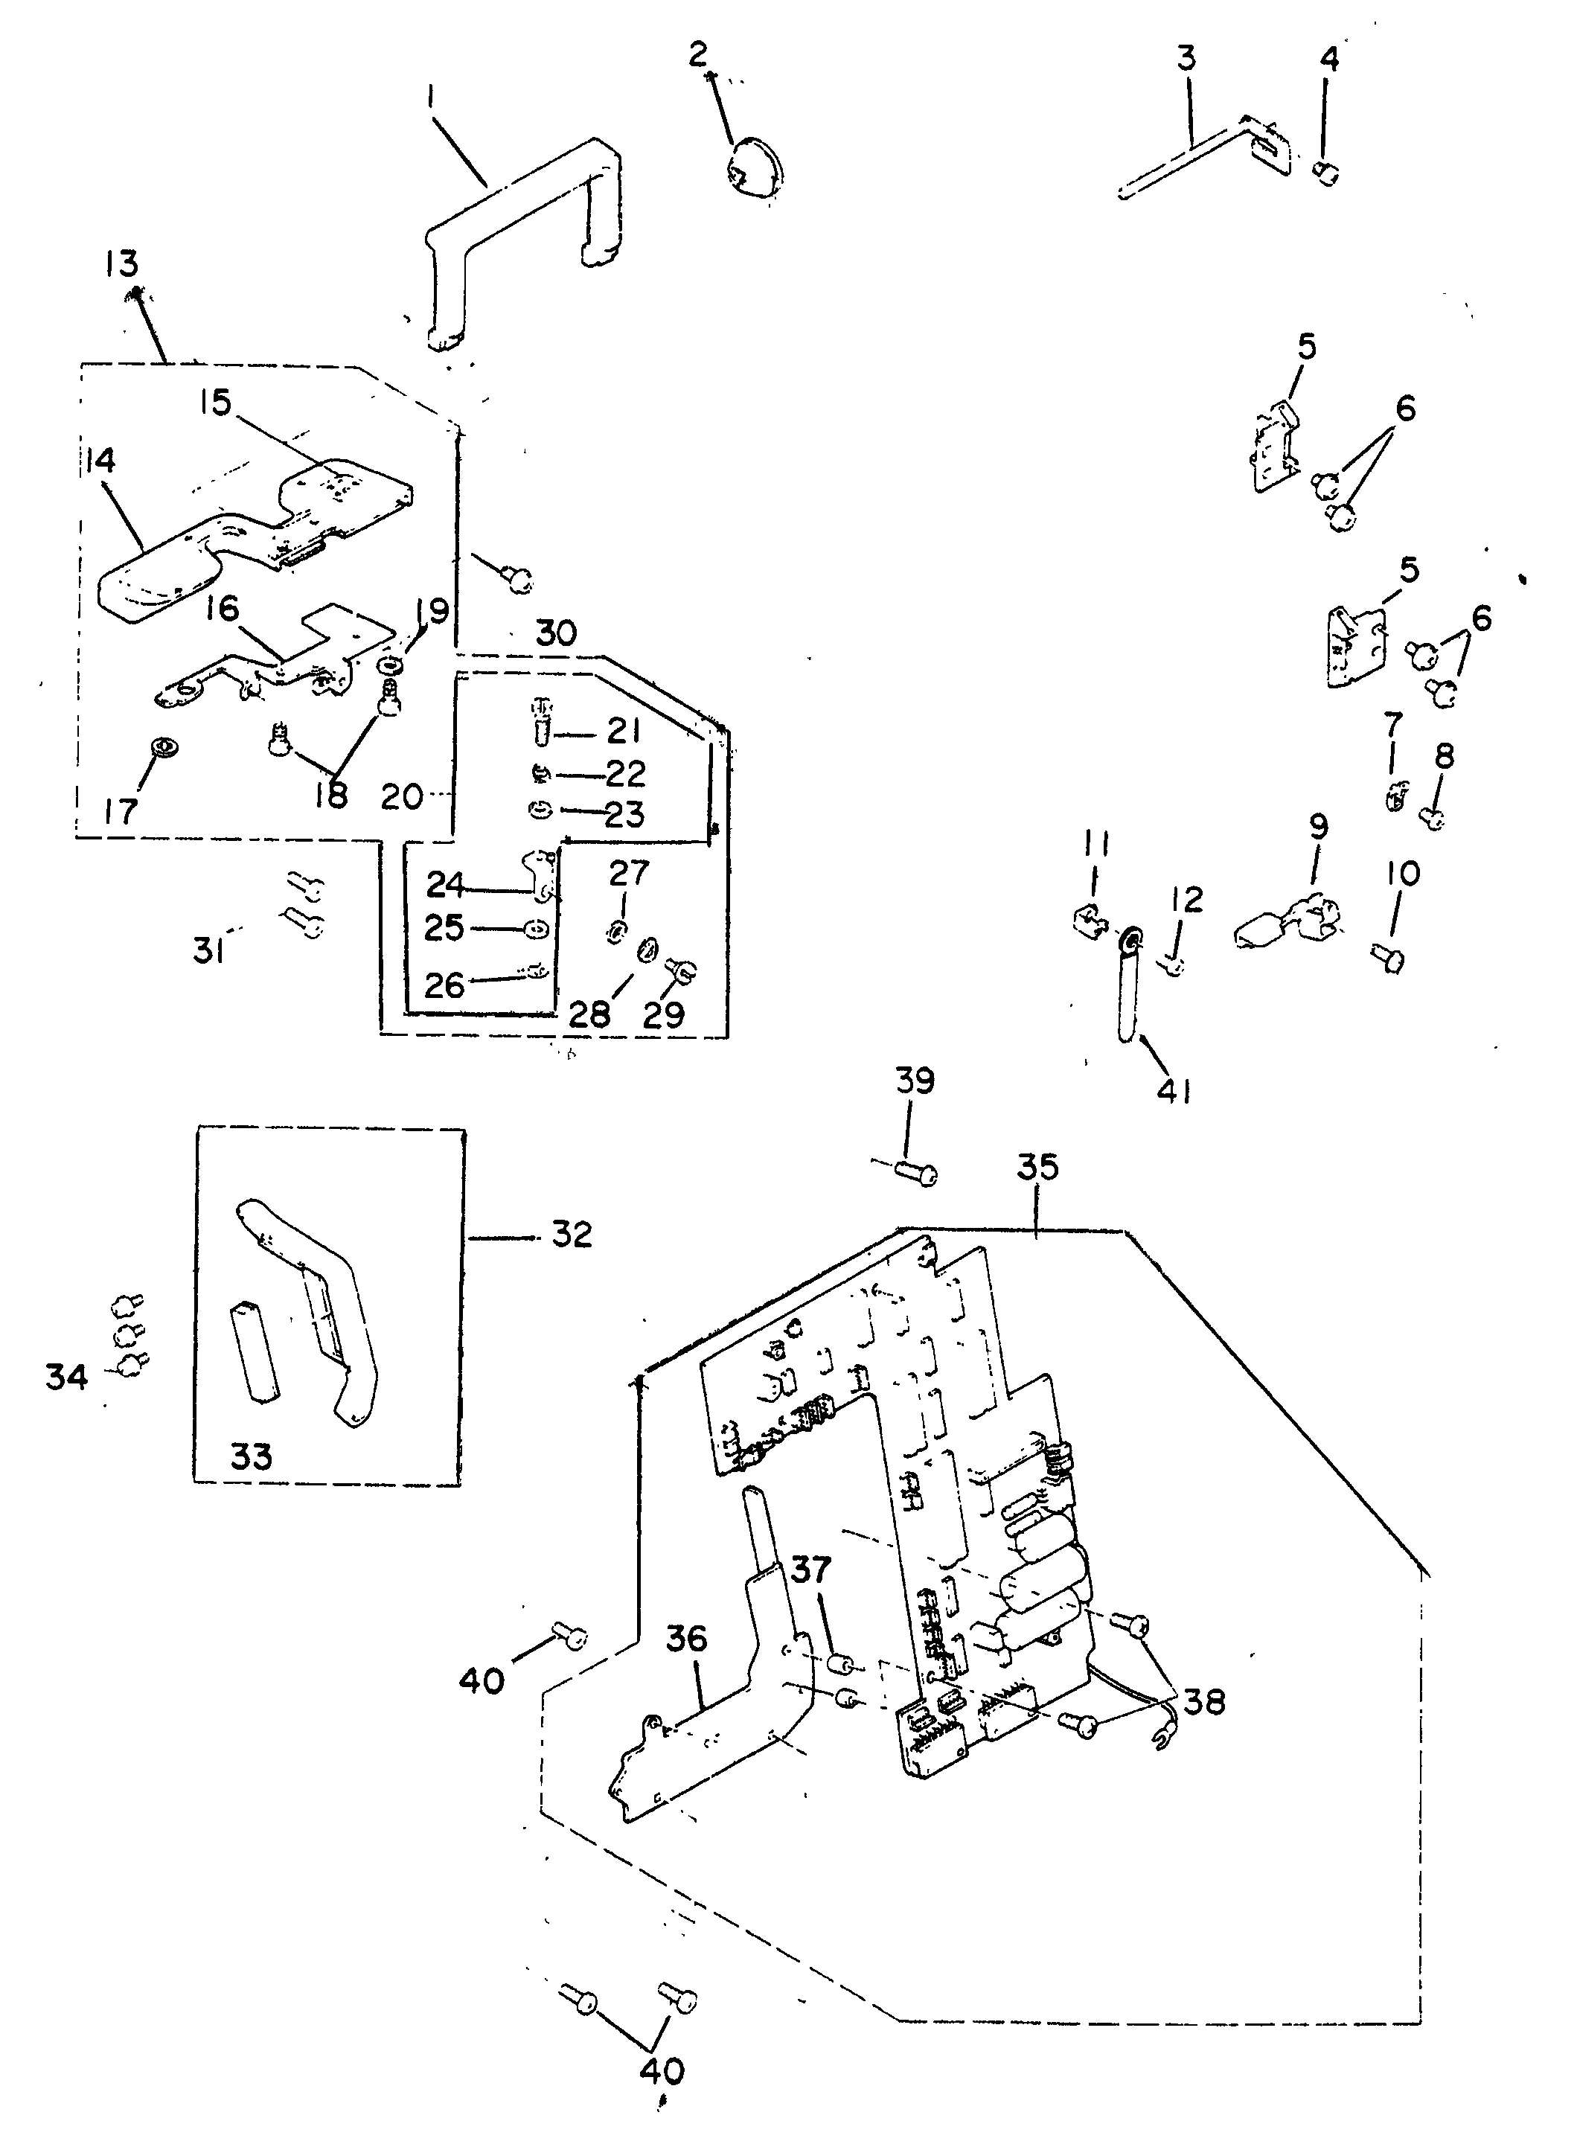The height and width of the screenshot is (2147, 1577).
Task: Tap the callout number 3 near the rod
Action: pyautogui.click(x=1186, y=60)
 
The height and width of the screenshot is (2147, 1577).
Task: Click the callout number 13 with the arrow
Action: pyautogui.click(x=122, y=263)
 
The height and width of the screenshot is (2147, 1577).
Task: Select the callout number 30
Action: pyautogui.click(x=557, y=633)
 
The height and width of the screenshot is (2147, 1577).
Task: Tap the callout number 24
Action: pyautogui.click(x=445, y=885)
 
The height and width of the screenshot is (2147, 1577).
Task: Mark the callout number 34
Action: pyautogui.click(x=67, y=1377)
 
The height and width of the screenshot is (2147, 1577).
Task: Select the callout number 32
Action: pyautogui.click(x=572, y=1235)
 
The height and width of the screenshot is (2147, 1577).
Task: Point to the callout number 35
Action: pyautogui.click(x=1037, y=1167)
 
